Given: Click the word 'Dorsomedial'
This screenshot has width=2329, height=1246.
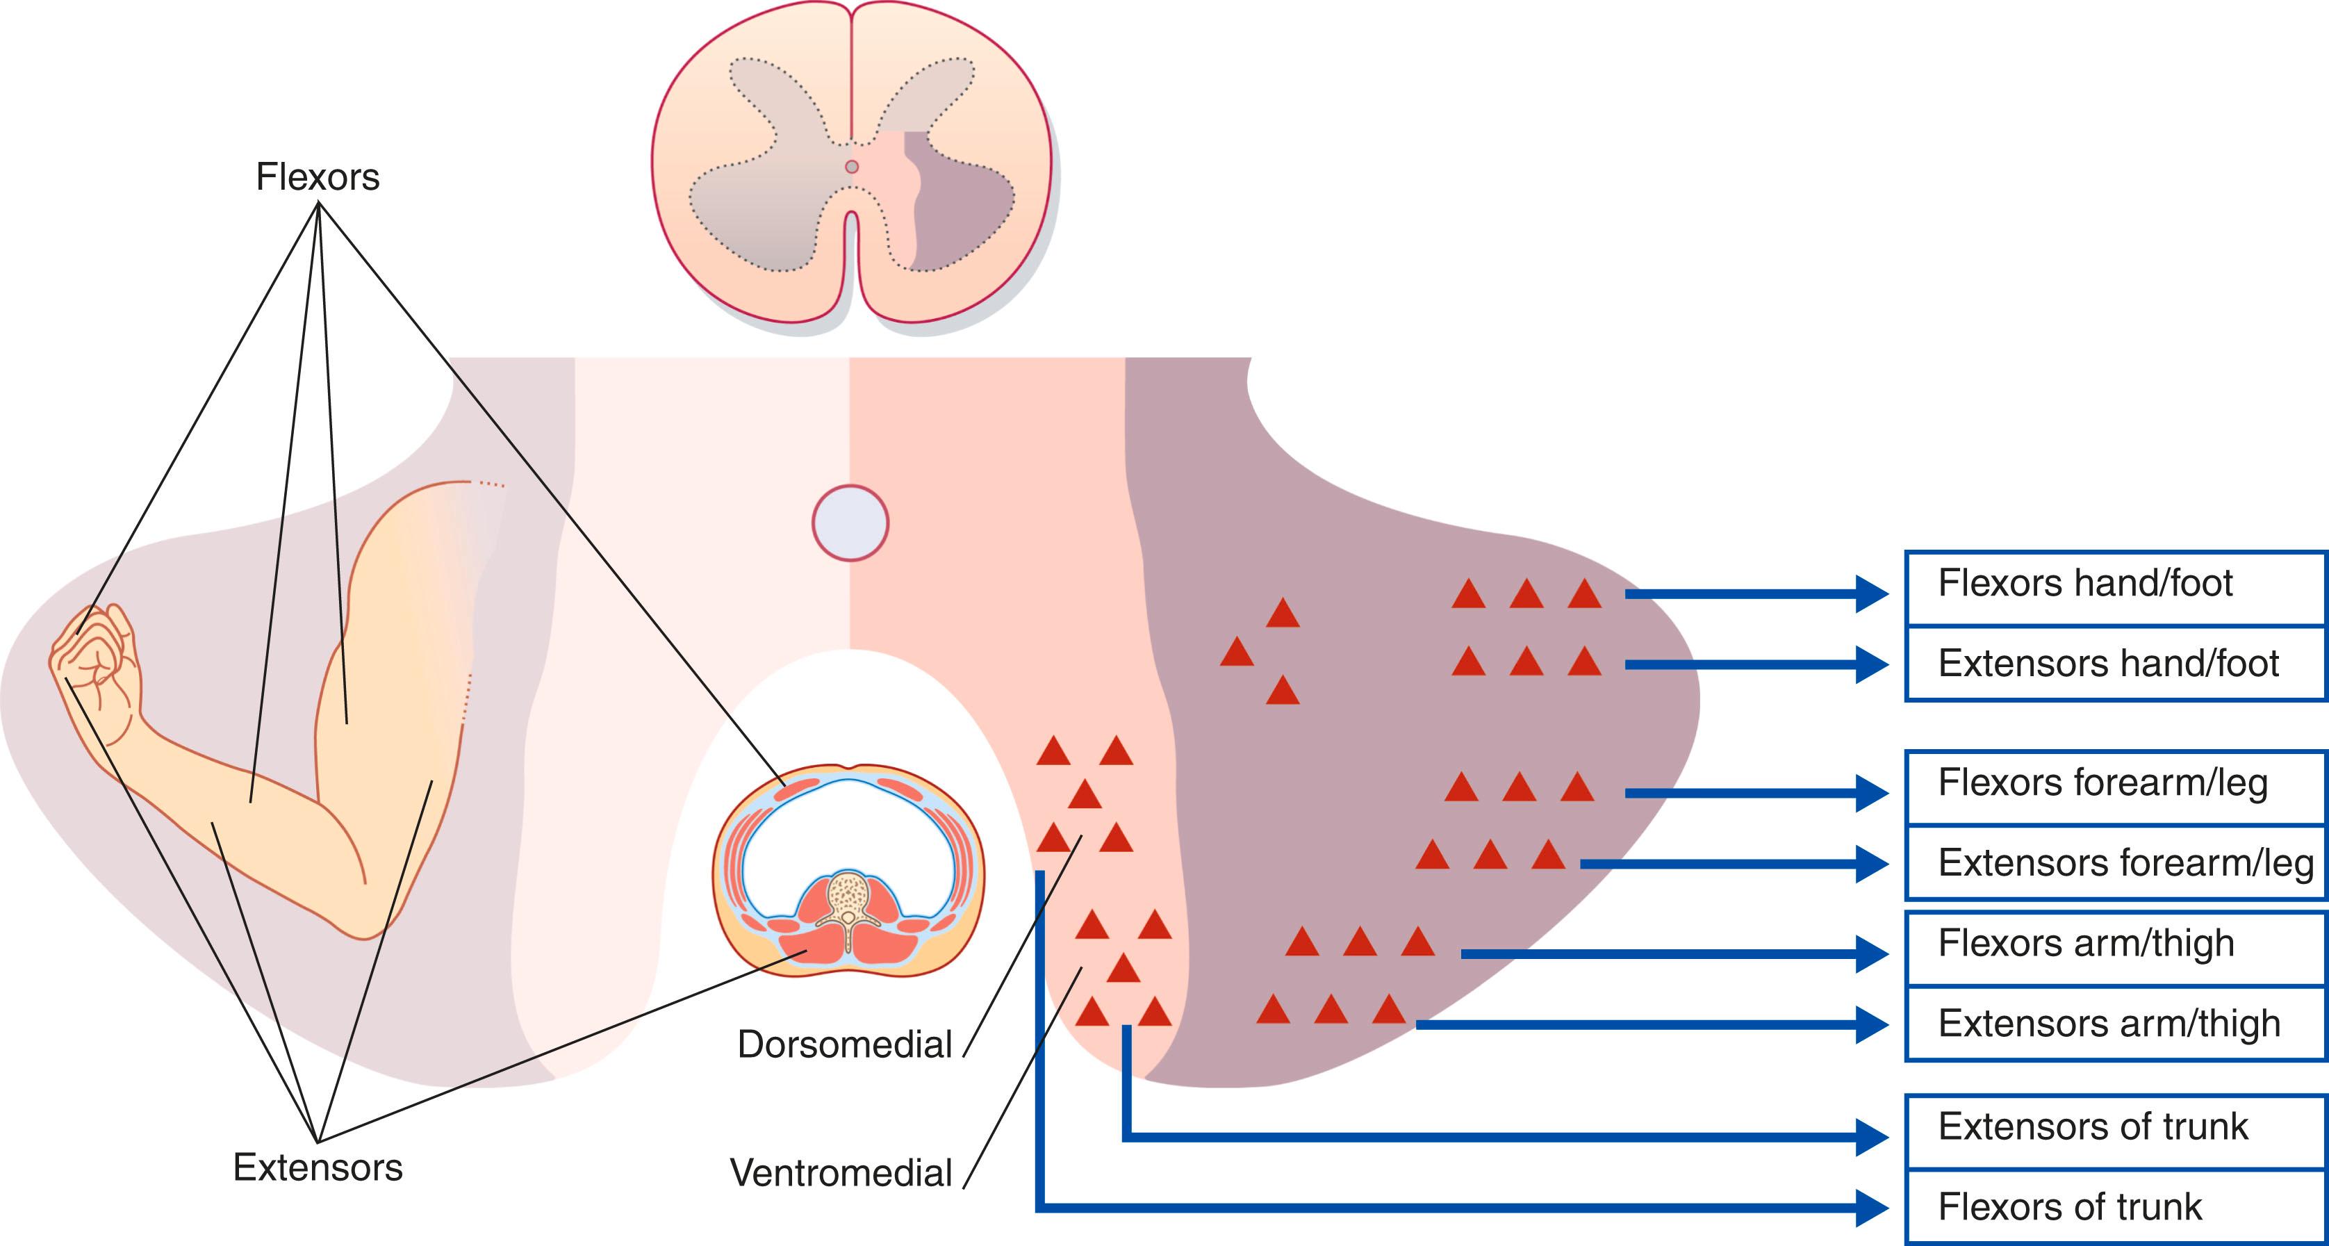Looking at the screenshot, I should click(844, 1045).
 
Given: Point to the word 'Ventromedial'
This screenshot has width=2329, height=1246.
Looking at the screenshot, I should click(841, 1174).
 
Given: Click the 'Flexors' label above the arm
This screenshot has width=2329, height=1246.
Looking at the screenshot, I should click(318, 177).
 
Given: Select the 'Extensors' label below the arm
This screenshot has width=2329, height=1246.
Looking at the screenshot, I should click(318, 1168).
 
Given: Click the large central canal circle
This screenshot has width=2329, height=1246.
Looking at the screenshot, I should click(850, 523).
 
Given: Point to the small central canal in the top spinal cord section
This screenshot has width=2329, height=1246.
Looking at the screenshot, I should click(850, 166).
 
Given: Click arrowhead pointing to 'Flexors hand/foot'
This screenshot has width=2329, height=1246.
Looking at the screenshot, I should click(1872, 594).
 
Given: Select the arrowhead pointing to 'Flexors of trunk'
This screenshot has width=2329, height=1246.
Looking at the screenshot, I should click(1872, 1207).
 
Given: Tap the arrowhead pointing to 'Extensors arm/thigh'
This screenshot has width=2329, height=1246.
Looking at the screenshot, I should click(1872, 1024).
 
